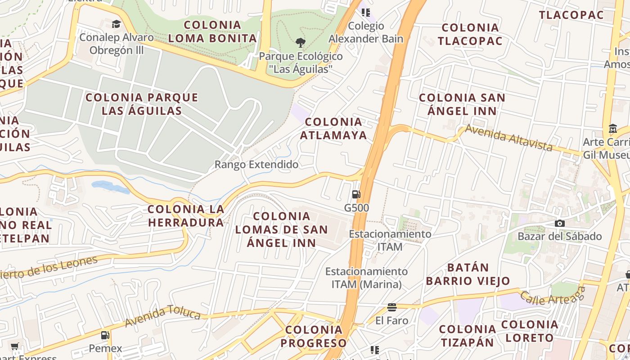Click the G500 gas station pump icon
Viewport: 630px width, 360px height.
pyautogui.click(x=356, y=194)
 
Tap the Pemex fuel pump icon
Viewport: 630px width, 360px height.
pyautogui.click(x=105, y=335)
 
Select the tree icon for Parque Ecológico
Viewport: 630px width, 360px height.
pyautogui.click(x=301, y=43)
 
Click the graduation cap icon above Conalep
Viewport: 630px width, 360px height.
pyautogui.click(x=117, y=24)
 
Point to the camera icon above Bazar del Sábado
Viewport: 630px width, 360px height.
pyautogui.click(x=560, y=223)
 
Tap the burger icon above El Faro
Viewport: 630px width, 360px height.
pyautogui.click(x=392, y=307)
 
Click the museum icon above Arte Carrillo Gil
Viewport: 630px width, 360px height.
pyautogui.click(x=612, y=129)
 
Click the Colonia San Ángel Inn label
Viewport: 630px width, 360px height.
pyautogui.click(x=462, y=104)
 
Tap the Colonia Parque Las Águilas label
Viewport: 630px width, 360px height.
pyautogui.click(x=142, y=104)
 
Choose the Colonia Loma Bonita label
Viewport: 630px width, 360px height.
pyautogui.click(x=212, y=31)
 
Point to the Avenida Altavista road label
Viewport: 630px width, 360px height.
pyautogui.click(x=508, y=138)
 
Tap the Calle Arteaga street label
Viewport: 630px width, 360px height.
pyautogui.click(x=552, y=297)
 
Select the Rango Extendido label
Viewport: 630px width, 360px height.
pyautogui.click(x=256, y=165)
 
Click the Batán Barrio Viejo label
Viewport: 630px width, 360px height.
pyautogui.click(x=468, y=274)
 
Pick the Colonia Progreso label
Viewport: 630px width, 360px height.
pyautogui.click(x=314, y=336)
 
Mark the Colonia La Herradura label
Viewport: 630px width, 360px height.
pyautogui.click(x=186, y=216)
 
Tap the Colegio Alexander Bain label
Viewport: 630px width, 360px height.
pyautogui.click(x=366, y=32)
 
